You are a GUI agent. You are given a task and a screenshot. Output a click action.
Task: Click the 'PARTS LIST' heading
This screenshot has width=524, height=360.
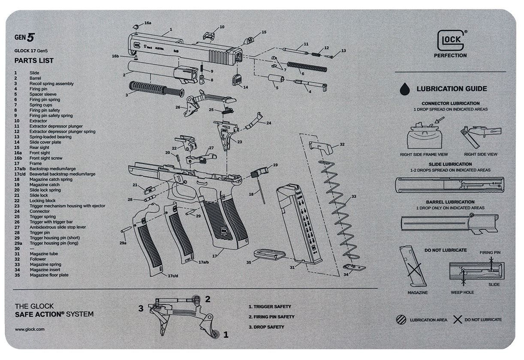34,60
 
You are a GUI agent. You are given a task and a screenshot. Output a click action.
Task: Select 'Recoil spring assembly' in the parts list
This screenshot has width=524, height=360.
51,84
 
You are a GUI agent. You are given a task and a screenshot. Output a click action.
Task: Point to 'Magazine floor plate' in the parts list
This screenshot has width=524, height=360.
49,275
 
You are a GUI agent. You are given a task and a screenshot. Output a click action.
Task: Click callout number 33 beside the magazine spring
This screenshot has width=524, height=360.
354,196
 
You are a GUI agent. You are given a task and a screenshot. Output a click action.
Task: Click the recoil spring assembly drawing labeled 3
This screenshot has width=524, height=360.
156,89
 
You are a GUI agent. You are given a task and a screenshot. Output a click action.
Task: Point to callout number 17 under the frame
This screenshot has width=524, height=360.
214,256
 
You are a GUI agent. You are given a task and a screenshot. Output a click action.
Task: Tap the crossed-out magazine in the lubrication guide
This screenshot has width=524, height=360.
411,266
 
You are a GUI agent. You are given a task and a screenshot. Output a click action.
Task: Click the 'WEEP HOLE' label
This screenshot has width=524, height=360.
462,292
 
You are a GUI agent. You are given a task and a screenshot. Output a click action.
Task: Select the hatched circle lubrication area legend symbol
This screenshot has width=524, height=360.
401,320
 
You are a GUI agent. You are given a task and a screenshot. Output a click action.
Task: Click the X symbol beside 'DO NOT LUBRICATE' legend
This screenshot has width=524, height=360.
458,320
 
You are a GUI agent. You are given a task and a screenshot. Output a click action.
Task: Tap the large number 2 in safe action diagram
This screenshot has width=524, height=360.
208,299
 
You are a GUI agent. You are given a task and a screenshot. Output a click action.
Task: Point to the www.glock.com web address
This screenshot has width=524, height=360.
30,329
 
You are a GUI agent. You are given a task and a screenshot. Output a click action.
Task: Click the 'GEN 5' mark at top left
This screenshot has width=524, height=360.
24,37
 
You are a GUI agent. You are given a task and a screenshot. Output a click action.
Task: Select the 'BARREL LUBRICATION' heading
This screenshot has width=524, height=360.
450,202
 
